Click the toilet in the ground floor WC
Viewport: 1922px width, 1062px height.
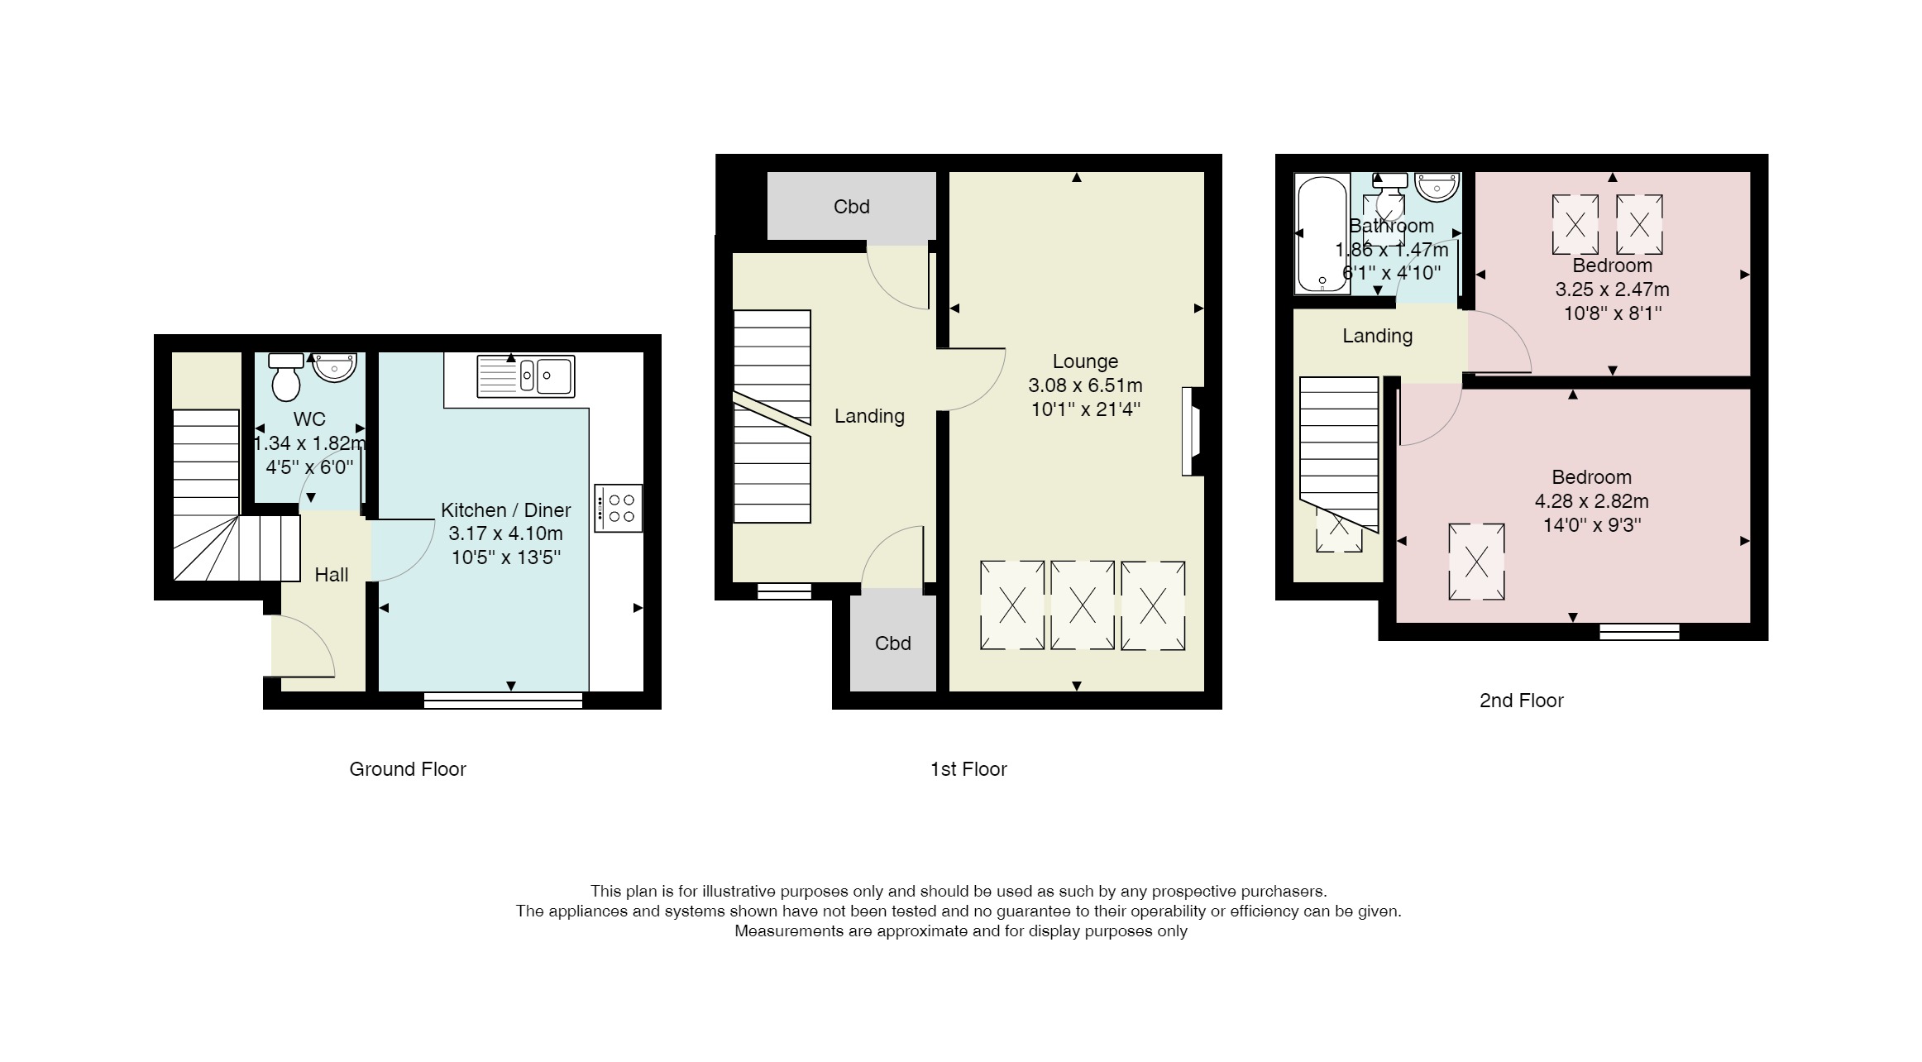coord(286,377)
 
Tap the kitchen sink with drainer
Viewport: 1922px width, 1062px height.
coord(526,376)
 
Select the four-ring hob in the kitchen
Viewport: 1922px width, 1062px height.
coord(619,508)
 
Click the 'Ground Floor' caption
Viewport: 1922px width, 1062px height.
coord(408,769)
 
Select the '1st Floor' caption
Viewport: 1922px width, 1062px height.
coord(968,769)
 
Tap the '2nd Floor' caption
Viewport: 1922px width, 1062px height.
coord(1522,701)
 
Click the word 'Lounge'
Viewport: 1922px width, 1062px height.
coord(1085,361)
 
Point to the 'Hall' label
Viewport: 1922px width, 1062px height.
coord(332,575)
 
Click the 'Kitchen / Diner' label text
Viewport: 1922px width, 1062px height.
coord(506,510)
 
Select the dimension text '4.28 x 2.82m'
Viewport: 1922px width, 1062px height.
coord(1592,501)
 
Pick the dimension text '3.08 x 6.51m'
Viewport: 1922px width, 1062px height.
coord(1085,385)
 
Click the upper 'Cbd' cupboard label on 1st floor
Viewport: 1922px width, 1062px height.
coord(852,207)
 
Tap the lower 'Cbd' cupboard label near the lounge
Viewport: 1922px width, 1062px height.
coord(893,643)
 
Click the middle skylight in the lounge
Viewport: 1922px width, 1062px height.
coord(1083,605)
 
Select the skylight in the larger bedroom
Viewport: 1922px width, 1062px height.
coord(1476,562)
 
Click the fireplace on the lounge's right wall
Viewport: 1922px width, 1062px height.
coord(1192,432)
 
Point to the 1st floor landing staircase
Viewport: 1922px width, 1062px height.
coord(772,416)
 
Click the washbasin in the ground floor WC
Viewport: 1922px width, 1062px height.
coord(334,367)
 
